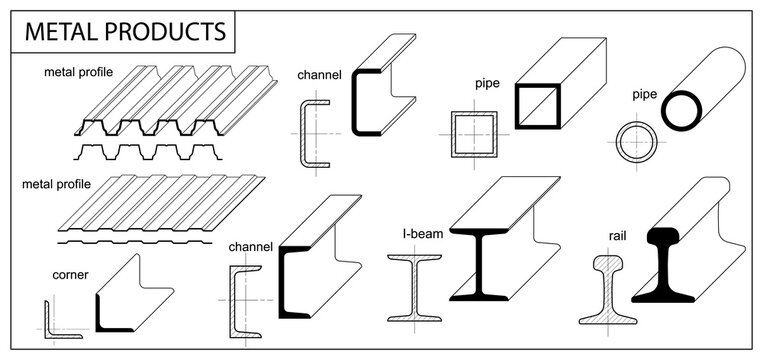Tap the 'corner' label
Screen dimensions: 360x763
70,273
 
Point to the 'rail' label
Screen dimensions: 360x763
617,237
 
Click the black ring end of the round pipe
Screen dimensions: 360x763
680,109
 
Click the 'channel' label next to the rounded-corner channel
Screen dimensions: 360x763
320,74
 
